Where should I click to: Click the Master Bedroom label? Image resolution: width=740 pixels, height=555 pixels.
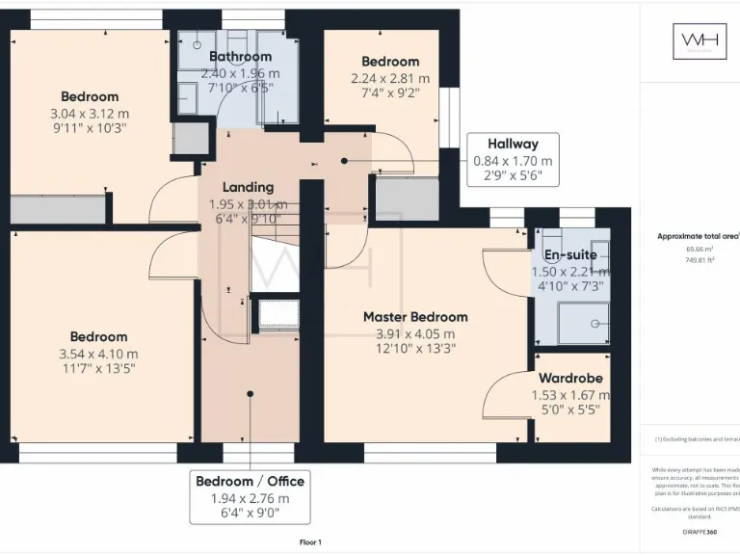[x=415, y=317]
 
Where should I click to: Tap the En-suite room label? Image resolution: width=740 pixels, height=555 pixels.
[x=570, y=255]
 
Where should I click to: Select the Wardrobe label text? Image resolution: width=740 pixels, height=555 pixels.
[x=570, y=379]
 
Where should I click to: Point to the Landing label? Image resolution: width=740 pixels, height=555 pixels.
[x=248, y=187]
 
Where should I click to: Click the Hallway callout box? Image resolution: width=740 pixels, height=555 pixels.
[x=513, y=159]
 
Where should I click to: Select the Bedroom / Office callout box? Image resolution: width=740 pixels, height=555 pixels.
[x=250, y=497]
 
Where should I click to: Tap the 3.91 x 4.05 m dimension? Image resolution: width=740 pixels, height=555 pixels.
[x=415, y=333]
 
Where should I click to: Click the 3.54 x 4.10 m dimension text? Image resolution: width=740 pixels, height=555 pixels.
[x=98, y=353]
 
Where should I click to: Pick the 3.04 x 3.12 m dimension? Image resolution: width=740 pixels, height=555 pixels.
[x=90, y=113]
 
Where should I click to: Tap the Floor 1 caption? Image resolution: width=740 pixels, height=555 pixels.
[x=310, y=542]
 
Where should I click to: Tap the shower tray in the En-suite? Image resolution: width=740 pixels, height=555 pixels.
[x=583, y=323]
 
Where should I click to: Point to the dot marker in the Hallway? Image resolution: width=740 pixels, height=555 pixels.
[x=344, y=161]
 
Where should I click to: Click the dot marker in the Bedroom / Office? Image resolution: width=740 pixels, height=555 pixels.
[x=250, y=392]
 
